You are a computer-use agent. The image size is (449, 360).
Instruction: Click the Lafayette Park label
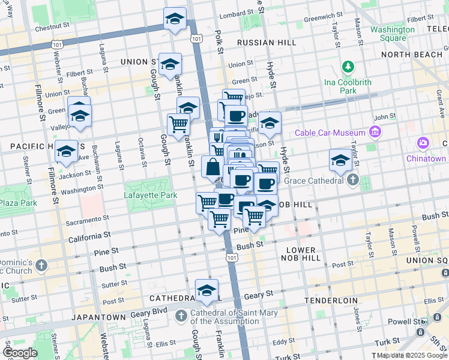[151, 195]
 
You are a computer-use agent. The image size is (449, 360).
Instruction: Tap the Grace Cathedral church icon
[353, 180]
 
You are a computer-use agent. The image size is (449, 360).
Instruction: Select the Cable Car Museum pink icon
[376, 132]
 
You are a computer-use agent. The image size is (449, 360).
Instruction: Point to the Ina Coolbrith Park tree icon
[348, 66]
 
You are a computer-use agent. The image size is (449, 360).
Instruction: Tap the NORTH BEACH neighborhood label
[411, 55]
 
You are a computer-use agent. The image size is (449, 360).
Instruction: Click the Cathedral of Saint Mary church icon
[181, 315]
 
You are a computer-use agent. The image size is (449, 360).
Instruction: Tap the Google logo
[20, 353]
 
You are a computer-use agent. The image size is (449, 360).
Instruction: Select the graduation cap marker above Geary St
[206, 291]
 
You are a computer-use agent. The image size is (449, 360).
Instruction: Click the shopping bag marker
[212, 167]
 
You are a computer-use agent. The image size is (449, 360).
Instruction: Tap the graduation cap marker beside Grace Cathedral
[340, 160]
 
